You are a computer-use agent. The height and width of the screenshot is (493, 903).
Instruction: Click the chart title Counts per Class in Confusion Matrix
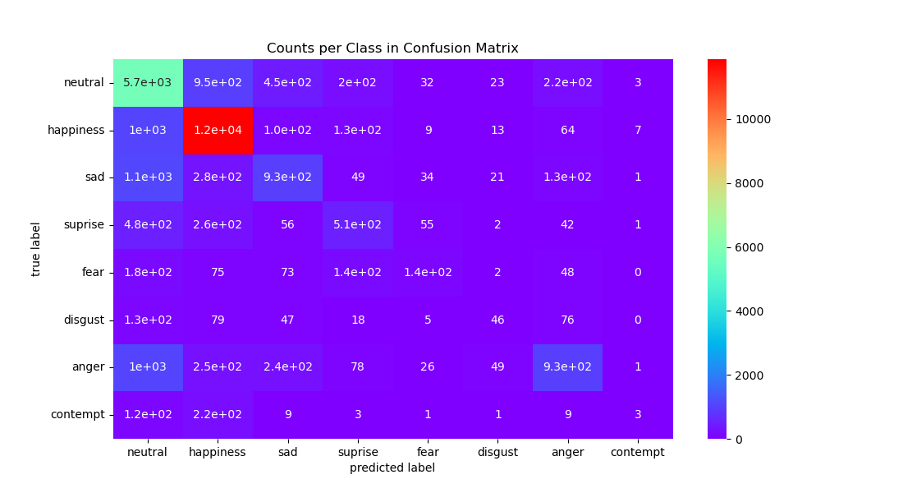[392, 48]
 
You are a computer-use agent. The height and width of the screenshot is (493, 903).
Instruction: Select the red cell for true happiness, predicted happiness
[218, 130]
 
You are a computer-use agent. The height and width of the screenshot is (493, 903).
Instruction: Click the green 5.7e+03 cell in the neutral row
[148, 82]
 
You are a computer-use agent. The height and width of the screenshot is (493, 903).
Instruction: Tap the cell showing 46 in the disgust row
[497, 320]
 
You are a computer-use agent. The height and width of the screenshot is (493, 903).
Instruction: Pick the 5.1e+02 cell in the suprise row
[358, 224]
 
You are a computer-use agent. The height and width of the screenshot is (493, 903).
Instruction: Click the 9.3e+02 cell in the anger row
[567, 366]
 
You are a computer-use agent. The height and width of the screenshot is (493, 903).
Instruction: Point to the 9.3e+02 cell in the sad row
[287, 177]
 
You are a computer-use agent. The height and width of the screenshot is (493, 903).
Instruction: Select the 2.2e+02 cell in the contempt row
[218, 414]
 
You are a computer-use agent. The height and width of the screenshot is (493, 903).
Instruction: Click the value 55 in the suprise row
[428, 224]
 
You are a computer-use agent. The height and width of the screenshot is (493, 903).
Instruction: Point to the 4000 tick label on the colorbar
[740, 311]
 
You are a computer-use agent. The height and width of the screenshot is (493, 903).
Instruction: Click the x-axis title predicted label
[392, 468]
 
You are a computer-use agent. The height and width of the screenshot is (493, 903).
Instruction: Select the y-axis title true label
[36, 248]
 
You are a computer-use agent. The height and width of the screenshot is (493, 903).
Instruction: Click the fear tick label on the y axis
[93, 272]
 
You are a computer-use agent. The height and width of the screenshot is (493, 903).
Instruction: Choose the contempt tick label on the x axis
[638, 452]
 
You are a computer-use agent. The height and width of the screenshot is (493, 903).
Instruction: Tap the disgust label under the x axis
[497, 452]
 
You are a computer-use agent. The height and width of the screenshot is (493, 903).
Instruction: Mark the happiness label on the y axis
[76, 130]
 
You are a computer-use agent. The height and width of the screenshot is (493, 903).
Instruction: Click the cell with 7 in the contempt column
[638, 130]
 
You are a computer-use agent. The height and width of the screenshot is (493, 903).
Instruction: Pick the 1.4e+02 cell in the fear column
[428, 272]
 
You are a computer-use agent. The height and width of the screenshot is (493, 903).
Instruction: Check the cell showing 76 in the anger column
[567, 320]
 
